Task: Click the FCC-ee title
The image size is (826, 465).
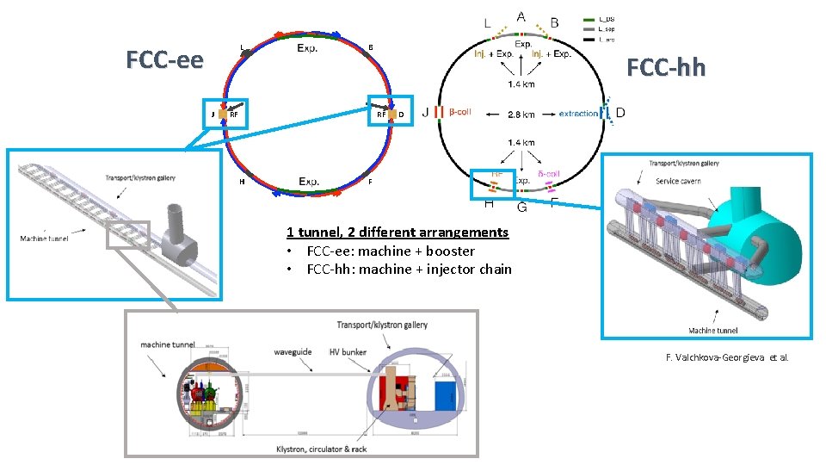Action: click(165, 60)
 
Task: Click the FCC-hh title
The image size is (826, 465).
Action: click(665, 67)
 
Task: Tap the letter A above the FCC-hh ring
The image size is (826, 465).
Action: click(521, 16)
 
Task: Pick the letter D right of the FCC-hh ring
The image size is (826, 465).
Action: click(620, 113)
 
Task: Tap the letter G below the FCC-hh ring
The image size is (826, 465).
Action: click(522, 207)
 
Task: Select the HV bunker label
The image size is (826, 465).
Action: click(348, 352)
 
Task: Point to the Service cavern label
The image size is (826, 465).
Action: click(680, 181)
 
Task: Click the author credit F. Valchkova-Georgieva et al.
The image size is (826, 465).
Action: click(727, 357)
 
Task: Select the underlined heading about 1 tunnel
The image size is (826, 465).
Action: click(398, 232)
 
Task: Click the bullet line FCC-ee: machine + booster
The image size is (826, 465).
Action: click(390, 251)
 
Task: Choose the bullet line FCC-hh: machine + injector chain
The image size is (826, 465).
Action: click(409, 270)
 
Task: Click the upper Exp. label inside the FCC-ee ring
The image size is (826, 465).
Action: click(307, 48)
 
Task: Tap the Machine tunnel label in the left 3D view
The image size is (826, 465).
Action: click(45, 239)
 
